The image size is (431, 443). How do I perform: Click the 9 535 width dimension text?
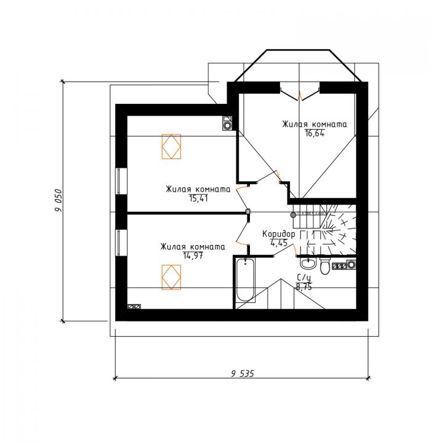tap(243, 374)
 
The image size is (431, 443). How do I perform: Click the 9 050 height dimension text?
tap(58, 200)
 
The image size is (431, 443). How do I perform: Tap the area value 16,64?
tap(315, 133)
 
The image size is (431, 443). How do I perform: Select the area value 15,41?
tap(198, 198)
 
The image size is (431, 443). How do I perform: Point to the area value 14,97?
tap(193, 256)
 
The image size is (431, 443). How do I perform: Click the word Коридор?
tap(279, 234)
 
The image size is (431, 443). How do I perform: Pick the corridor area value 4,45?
tap(279, 243)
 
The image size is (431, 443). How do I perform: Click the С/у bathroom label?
tap(304, 277)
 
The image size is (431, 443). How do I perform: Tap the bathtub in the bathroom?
tap(245, 280)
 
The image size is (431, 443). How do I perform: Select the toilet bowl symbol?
tap(324, 265)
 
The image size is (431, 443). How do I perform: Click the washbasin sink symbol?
tap(307, 264)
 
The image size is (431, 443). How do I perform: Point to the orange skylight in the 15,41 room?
tap(171, 146)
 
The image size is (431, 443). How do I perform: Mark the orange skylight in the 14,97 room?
tap(171, 277)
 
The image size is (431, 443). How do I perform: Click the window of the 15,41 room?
tap(121, 181)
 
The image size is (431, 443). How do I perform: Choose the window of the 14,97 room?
tap(121, 243)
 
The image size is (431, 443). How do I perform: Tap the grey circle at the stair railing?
tap(293, 215)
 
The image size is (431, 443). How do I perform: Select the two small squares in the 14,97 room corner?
tap(134, 307)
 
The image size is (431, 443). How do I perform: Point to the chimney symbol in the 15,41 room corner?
tap(227, 123)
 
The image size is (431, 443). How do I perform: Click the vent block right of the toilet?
tap(344, 265)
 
